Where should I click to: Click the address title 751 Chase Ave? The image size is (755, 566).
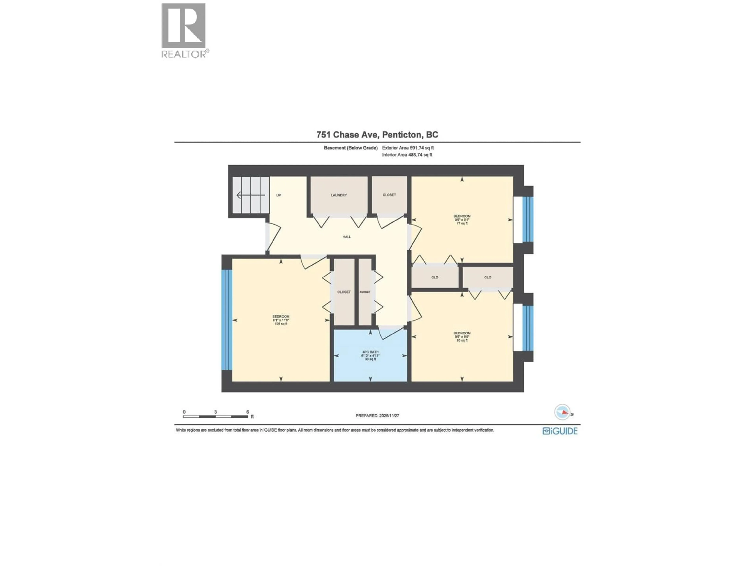(x=377, y=135)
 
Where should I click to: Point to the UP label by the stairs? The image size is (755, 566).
(x=279, y=195)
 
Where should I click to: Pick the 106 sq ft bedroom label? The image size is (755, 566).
(x=281, y=320)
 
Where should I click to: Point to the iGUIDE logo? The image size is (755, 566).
(x=560, y=431)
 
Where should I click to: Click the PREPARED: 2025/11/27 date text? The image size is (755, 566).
(x=377, y=415)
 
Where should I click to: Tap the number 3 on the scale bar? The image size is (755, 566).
(x=215, y=412)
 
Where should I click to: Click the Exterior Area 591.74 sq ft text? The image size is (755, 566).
(x=408, y=148)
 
